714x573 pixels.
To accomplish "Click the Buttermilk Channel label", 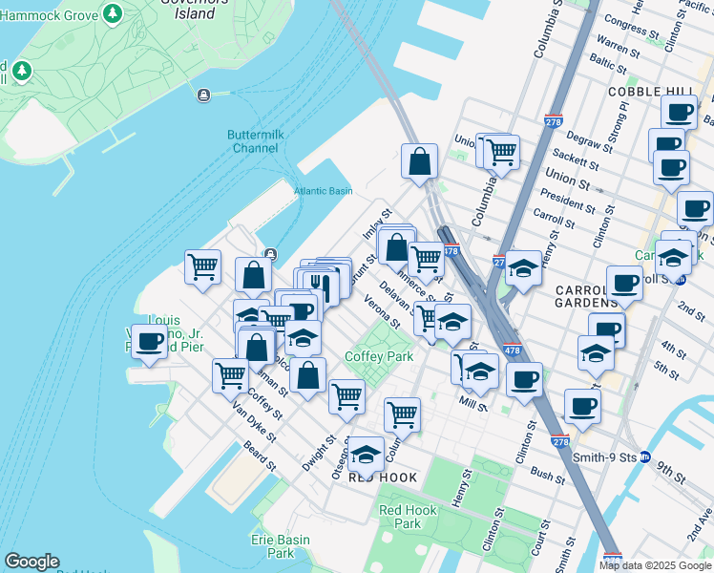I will click(x=254, y=141).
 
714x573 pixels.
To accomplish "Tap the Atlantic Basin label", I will click(x=323, y=191).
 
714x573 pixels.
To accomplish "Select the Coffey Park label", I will click(x=378, y=356).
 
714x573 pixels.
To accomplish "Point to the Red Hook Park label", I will click(x=408, y=517).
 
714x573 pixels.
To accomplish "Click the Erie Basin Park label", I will click(x=281, y=546).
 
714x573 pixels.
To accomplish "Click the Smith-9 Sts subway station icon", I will click(x=645, y=456).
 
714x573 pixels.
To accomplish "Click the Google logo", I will click(x=31, y=562).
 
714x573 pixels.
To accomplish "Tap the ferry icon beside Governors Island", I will click(x=203, y=95).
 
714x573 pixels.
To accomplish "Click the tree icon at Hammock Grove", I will click(x=113, y=13).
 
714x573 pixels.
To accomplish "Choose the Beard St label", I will click(x=259, y=455).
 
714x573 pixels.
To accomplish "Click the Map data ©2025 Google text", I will click(x=656, y=565).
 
